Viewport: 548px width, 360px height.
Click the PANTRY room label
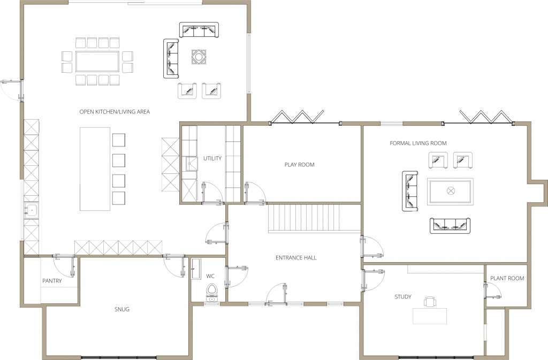tap(52, 281)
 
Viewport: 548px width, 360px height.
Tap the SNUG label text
tap(122, 309)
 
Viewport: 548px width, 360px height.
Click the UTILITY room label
tap(212, 158)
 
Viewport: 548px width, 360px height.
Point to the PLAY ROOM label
tap(299, 165)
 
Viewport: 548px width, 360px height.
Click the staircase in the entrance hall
tap(313, 218)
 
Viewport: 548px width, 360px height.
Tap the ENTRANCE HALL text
tap(296, 258)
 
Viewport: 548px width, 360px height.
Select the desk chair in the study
tap(430, 302)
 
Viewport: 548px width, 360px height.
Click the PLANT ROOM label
tap(507, 278)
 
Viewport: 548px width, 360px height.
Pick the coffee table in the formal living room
tap(451, 191)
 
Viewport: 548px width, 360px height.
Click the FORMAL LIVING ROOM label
tap(418, 143)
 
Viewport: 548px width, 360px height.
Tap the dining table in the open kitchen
tap(97, 61)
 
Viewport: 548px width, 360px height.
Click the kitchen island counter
tap(95, 168)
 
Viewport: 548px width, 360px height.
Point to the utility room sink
tap(191, 163)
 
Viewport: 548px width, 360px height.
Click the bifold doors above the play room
tap(298, 116)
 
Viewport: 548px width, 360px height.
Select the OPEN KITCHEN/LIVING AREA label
tap(115, 112)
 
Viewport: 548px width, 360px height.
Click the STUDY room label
tap(403, 297)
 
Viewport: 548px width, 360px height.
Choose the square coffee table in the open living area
tap(199, 56)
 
